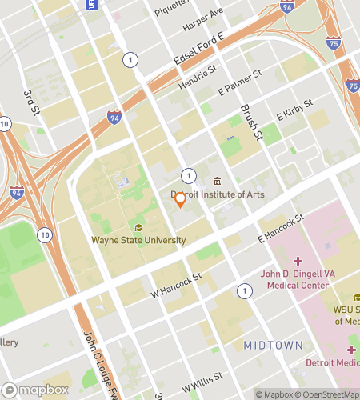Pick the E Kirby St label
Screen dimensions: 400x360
pyautogui.click(x=293, y=115)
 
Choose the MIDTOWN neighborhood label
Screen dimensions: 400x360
pyautogui.click(x=273, y=345)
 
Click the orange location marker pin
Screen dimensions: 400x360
pyautogui.click(x=181, y=200)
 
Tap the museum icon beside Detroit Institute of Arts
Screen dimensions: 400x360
pyautogui.click(x=218, y=180)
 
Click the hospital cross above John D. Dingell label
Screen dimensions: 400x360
pyautogui.click(x=297, y=262)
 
